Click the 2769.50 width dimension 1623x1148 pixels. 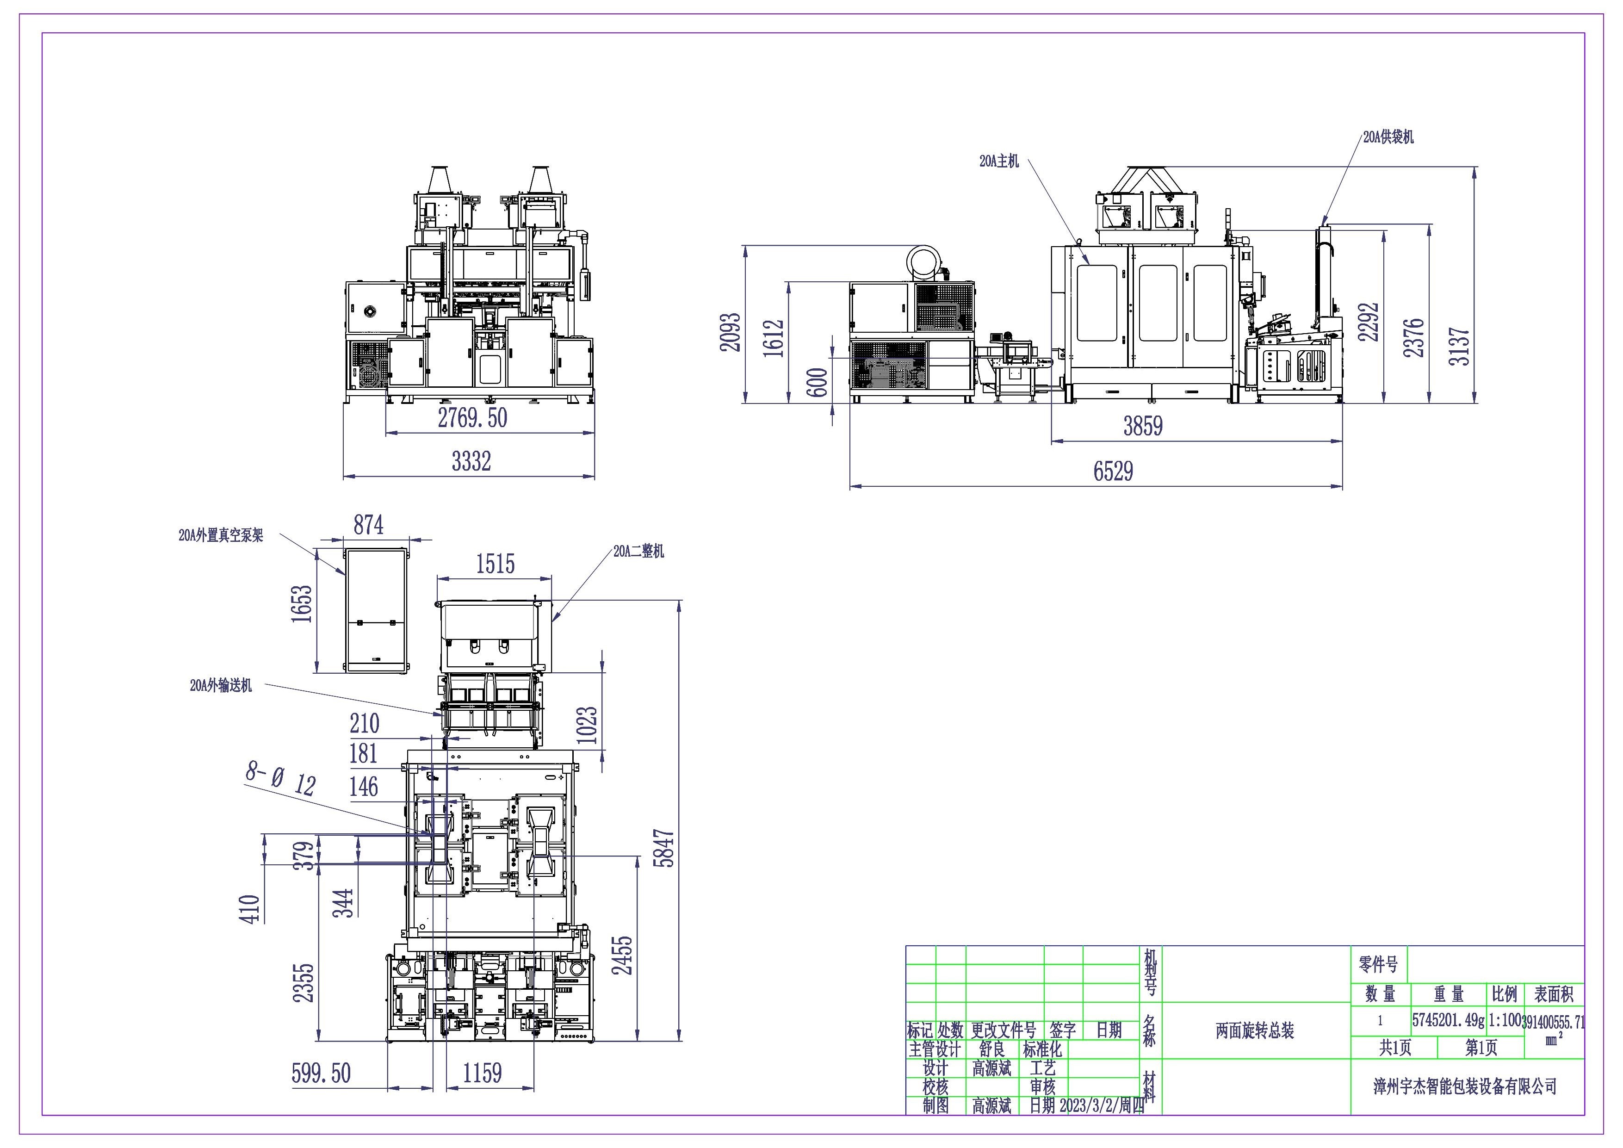[x=472, y=418]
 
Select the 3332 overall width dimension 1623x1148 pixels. [x=471, y=461]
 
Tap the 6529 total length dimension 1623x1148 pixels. [x=1113, y=471]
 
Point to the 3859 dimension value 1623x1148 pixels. [x=1143, y=426]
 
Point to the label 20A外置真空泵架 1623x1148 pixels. [x=221, y=535]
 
